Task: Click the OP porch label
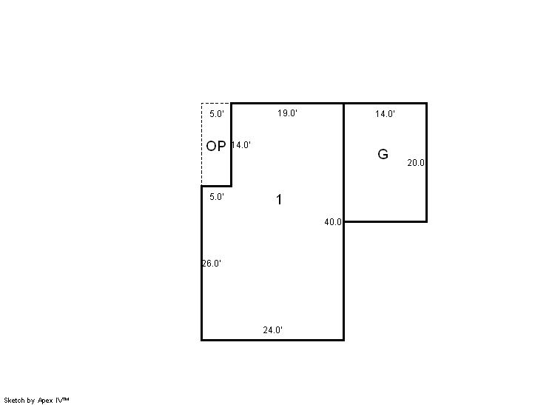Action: pyautogui.click(x=216, y=146)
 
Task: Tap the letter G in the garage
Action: pyautogui.click(x=383, y=154)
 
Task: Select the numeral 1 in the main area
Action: pyautogui.click(x=279, y=200)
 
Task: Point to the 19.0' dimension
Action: pyautogui.click(x=287, y=113)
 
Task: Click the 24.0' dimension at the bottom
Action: pyautogui.click(x=273, y=330)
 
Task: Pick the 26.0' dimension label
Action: pyautogui.click(x=212, y=264)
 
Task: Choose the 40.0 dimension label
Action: pyautogui.click(x=333, y=222)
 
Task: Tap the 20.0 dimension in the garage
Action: pyautogui.click(x=416, y=163)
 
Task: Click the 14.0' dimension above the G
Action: pyautogui.click(x=385, y=114)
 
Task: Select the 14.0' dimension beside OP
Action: pyautogui.click(x=241, y=145)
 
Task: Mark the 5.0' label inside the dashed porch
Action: pyautogui.click(x=217, y=114)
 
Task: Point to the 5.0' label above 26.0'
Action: pyautogui.click(x=217, y=197)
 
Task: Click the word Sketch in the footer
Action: pyautogui.click(x=15, y=401)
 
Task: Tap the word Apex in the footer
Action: pyautogui.click(x=45, y=401)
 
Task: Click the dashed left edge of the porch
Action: pyautogui.click(x=201, y=144)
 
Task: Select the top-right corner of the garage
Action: pyautogui.click(x=427, y=103)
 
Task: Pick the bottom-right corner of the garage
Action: pyautogui.click(x=427, y=221)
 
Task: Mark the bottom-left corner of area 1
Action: pyautogui.click(x=201, y=340)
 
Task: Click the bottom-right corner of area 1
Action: pyautogui.click(x=343, y=340)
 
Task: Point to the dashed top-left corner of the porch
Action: pyautogui.click(x=201, y=103)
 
